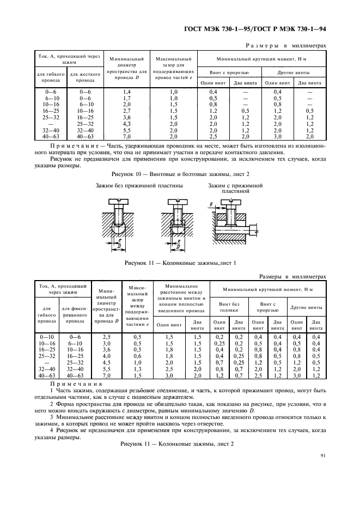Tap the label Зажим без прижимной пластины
[x=139, y=186]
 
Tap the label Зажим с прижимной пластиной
[x=235, y=189]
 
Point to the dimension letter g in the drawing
[x=210, y=204]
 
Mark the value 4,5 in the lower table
[x=107, y=363]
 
